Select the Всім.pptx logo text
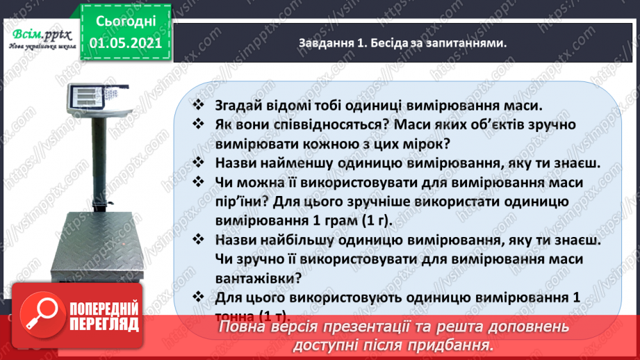coord(39,36)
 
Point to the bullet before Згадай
coord(198,106)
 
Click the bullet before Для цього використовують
coord(198,297)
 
